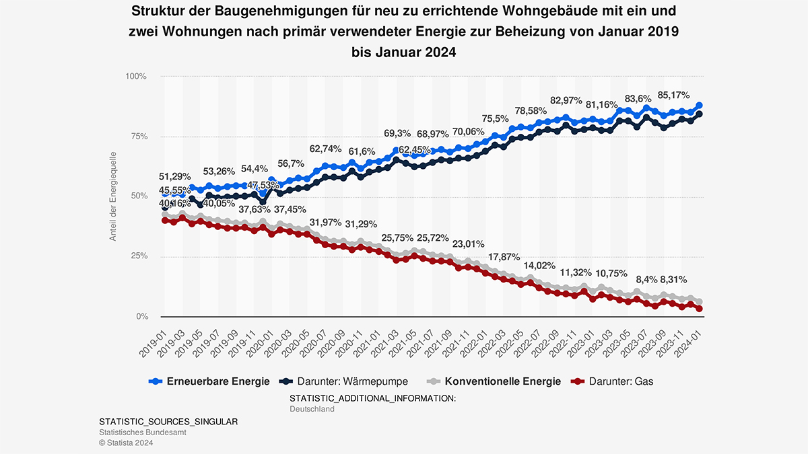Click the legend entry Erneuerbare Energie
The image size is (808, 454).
pos(209,381)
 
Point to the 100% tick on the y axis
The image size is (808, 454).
pos(136,77)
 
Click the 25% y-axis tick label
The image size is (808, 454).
pos(138,256)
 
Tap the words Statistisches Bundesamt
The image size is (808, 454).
pos(142,432)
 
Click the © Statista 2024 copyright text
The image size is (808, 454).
pos(126,443)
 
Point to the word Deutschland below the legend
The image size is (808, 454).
pos(312,409)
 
